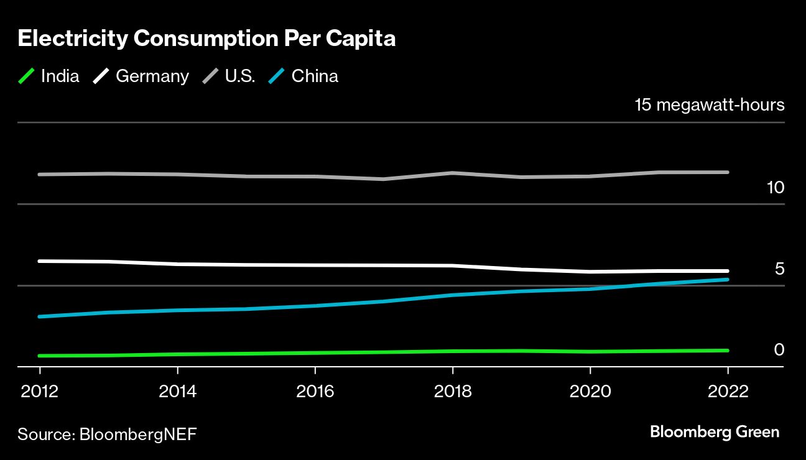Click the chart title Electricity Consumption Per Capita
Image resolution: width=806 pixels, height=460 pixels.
pyautogui.click(x=206, y=39)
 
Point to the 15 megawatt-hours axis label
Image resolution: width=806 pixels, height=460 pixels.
pyautogui.click(x=710, y=105)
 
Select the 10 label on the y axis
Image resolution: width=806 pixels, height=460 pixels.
pyautogui.click(x=776, y=187)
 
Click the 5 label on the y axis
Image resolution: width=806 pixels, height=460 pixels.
pyautogui.click(x=779, y=269)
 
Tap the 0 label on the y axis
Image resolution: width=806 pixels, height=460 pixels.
pyautogui.click(x=779, y=350)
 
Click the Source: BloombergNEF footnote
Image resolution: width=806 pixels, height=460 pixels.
pyautogui.click(x=107, y=434)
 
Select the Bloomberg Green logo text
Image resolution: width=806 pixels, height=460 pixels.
pyautogui.click(x=715, y=432)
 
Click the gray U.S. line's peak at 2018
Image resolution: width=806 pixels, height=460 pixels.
pyautogui.click(x=453, y=173)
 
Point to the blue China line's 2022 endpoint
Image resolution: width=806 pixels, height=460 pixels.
pyautogui.click(x=728, y=280)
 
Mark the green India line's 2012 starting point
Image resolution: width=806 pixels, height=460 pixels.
pyautogui.click(x=40, y=356)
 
